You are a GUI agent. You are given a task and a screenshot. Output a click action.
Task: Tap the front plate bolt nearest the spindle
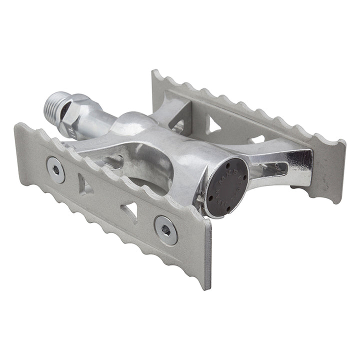56,169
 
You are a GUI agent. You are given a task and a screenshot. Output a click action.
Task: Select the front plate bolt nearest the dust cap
165,230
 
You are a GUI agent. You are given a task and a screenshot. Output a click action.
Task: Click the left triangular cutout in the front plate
84,185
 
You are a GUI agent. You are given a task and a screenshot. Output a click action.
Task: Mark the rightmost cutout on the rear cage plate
258,138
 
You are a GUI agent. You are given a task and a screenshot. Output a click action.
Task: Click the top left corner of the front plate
19,125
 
